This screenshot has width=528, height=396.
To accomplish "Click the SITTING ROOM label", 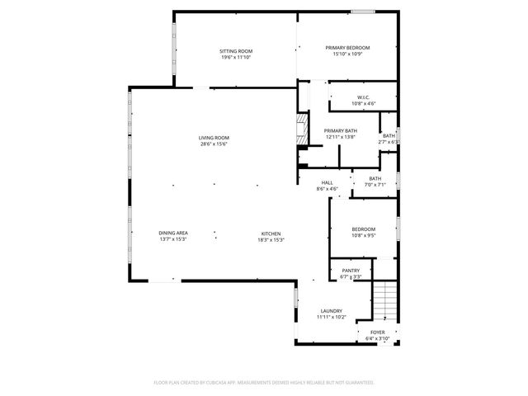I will tap(235, 51).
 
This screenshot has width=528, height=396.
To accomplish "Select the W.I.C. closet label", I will tap(363, 97).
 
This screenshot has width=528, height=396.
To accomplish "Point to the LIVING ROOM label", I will tap(213, 138).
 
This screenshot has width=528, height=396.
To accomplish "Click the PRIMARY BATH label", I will tap(340, 130).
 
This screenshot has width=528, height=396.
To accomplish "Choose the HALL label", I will tap(328, 182).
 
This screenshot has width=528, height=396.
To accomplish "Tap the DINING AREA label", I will tap(173, 233).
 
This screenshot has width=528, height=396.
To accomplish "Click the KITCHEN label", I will tap(272, 233).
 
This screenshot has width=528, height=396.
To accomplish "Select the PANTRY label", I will tap(351, 270).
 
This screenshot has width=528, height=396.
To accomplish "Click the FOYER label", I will tap(377, 332).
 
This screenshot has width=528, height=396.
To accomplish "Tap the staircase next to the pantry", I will tap(385, 300).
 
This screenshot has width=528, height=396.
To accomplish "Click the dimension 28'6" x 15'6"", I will tap(213, 144).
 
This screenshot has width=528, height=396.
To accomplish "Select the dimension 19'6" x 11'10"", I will tap(235, 58).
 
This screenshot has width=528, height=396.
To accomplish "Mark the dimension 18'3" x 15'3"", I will tap(272, 240).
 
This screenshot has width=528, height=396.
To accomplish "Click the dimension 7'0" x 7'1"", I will tap(375, 185).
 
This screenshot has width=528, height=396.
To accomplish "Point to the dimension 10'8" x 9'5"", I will tap(364, 235).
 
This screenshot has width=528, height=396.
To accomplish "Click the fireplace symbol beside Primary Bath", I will tap(302, 129).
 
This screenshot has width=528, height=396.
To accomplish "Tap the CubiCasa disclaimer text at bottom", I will tap(264, 383).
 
